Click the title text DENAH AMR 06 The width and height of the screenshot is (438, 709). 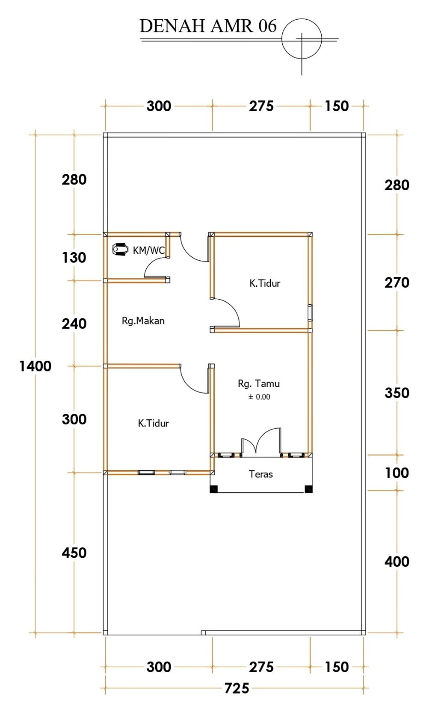click(x=208, y=26)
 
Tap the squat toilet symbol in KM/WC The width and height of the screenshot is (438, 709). click(x=120, y=249)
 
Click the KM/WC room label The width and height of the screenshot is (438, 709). click(x=148, y=250)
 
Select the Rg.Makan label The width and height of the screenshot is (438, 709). click(x=143, y=321)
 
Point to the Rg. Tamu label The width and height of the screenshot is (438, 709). click(x=259, y=384)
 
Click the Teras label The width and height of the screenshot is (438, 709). click(x=260, y=474)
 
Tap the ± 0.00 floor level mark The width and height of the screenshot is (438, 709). click(x=259, y=397)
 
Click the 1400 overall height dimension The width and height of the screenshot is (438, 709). click(x=35, y=366)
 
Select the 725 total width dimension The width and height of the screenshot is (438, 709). click(x=237, y=688)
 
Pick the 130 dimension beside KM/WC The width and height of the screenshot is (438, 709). click(x=74, y=258)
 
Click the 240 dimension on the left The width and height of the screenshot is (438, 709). click(x=74, y=324)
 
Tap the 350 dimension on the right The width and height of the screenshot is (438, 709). click(x=397, y=393)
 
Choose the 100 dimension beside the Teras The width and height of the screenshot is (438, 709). click(x=397, y=473)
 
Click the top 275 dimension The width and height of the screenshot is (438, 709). click(x=261, y=106)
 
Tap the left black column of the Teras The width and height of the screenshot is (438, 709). click(x=214, y=489)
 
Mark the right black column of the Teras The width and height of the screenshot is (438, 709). click(x=308, y=489)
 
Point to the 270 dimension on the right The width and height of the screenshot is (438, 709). click(x=397, y=282)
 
